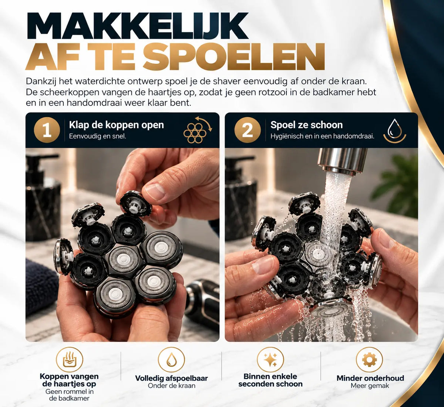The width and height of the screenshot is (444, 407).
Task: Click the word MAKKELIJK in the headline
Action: coord(137,26)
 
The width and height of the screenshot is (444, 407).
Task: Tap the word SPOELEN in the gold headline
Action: coord(234,57)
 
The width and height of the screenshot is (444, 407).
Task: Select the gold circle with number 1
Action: coord(47,130)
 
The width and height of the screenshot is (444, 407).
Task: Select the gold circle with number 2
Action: coord(248,130)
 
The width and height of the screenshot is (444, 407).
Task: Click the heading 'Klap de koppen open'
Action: coord(117,125)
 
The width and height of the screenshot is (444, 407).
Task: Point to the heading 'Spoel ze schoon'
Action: coord(307,125)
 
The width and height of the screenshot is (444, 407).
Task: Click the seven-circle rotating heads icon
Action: coord(198,130)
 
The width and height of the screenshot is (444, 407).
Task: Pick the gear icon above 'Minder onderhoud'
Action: coord(369,360)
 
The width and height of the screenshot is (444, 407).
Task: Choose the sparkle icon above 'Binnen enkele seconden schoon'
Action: coord(270,360)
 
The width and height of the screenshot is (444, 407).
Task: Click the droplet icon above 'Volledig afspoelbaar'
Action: coord(171,360)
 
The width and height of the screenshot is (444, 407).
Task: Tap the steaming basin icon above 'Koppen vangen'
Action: coord(70,360)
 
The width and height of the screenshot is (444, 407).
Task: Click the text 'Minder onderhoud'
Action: coord(370,378)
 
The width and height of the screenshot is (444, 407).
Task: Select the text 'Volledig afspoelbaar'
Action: coord(172,378)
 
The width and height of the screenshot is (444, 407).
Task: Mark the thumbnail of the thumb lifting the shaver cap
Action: coord(155,191)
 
